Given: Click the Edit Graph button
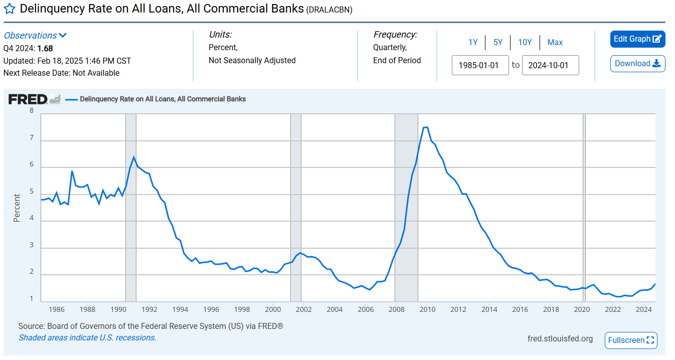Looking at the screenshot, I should click(x=637, y=39).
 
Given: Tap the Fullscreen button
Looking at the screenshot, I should click(x=631, y=340).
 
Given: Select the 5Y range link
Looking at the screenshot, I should click(x=497, y=43).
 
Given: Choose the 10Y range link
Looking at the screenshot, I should click(x=525, y=43).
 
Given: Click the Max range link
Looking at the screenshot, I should click(x=555, y=43).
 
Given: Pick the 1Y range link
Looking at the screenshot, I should click(x=473, y=43).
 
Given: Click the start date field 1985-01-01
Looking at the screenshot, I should click(x=480, y=65).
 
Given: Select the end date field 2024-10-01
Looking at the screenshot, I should click(x=550, y=65).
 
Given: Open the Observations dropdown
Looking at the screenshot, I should click(x=35, y=36).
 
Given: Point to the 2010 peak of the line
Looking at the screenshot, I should click(x=425, y=127).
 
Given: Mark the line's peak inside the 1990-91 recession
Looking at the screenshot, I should click(x=133, y=157).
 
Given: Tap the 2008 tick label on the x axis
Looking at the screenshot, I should click(x=396, y=309).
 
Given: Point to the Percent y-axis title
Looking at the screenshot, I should click(x=17, y=208).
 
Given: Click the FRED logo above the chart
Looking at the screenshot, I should click(x=28, y=99).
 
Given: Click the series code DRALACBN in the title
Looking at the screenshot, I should click(x=329, y=10).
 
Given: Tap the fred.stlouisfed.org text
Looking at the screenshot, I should click(x=560, y=339).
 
